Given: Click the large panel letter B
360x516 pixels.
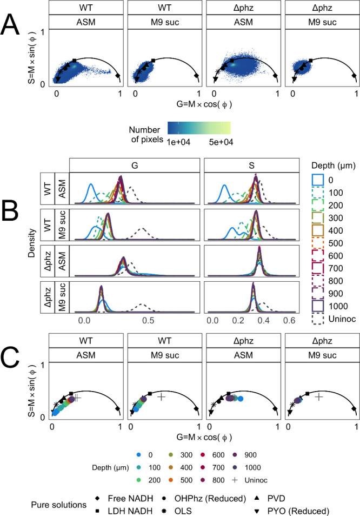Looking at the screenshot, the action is point(10,211).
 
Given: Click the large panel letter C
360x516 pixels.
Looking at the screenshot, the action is point(10,359).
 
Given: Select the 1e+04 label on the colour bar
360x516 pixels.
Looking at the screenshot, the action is point(179,142).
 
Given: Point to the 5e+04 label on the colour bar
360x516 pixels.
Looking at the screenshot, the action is point(221,142).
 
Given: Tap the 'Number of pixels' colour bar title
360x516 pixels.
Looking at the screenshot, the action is point(146,135).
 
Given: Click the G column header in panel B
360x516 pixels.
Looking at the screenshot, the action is point(135,166).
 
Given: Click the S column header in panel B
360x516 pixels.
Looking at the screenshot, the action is point(251,166).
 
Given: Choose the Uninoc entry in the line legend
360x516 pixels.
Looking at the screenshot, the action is point(342,319).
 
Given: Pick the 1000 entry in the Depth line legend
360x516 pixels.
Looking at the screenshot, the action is point(338,306).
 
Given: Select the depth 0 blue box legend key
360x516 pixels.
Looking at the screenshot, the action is point(318,180).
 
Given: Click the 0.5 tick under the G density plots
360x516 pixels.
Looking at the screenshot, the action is point(148,320).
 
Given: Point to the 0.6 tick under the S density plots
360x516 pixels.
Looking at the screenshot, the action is point(289,320).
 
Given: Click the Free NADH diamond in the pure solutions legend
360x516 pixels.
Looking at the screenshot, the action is point(97,499).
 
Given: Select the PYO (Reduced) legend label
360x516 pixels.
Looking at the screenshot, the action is point(298,511).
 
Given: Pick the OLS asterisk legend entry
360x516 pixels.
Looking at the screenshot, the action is point(164,511).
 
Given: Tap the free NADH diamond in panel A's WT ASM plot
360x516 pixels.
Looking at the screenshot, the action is point(118,76).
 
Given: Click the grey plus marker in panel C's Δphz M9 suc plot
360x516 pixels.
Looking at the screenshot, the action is point(318,397).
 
